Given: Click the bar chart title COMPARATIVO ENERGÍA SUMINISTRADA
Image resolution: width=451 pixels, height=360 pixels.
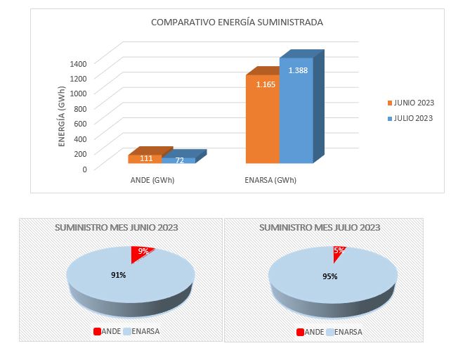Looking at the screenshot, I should coord(237,22).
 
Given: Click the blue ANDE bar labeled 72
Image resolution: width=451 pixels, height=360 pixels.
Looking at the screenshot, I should coord(180,160).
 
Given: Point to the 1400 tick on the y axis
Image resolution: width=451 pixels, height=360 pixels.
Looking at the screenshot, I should coord(78,63).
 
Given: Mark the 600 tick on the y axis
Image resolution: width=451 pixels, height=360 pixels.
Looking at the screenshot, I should coord(80,124).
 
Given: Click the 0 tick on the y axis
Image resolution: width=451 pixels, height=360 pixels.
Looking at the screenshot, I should coord(84,169).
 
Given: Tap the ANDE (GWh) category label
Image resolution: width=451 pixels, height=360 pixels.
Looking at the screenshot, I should coord(152,180).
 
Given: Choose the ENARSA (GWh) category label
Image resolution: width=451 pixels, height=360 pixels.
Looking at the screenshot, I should coord(270,180).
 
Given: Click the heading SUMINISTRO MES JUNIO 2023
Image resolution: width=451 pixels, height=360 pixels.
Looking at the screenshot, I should coord(116,227).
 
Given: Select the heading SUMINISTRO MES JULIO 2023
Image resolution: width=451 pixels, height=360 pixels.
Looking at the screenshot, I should coord(320,227).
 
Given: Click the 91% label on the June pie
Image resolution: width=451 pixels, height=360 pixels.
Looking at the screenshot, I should coord(118,275).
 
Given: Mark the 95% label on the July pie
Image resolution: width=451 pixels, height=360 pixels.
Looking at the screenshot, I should coord(329,276).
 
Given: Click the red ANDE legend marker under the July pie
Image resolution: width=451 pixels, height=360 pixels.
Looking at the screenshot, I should coord(301,332).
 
